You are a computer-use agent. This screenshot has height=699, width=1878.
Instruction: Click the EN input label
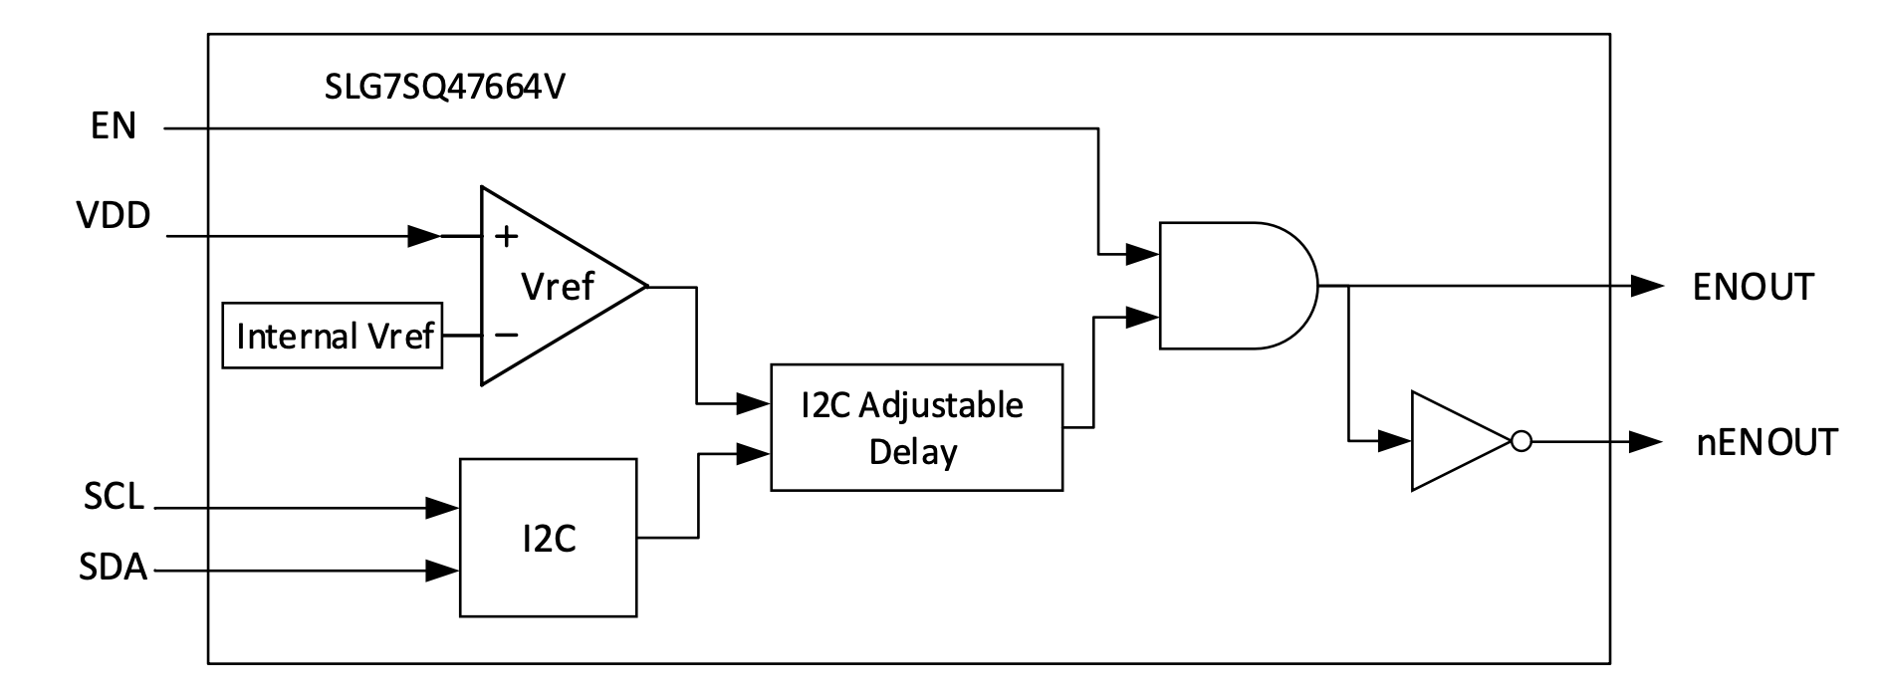(x=114, y=127)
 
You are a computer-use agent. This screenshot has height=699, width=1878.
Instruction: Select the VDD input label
(x=114, y=215)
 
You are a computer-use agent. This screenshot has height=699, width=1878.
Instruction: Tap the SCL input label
(x=114, y=497)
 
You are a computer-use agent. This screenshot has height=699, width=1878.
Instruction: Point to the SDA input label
(x=114, y=569)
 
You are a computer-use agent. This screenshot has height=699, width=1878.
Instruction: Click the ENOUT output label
(x=1753, y=287)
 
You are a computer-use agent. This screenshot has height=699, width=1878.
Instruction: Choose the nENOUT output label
(x=1766, y=442)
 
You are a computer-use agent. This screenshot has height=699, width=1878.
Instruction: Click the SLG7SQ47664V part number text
(x=445, y=88)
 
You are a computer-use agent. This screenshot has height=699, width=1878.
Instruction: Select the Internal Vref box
(x=332, y=336)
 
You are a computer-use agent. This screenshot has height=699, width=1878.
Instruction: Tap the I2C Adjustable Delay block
(x=916, y=427)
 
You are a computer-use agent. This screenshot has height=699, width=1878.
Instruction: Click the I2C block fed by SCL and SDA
(x=548, y=538)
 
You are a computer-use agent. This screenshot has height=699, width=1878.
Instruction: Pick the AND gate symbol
(x=1235, y=286)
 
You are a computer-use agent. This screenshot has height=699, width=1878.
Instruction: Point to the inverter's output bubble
(x=1521, y=441)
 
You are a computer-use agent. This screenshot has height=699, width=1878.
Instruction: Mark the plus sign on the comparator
(x=507, y=236)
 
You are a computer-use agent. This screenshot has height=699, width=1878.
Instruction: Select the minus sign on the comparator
(x=506, y=336)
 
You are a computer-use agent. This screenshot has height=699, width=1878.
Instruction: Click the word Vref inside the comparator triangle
(x=558, y=287)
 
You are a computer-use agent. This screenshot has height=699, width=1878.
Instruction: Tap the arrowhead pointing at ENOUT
(x=1647, y=287)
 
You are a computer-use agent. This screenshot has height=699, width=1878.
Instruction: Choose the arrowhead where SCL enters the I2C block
(x=442, y=508)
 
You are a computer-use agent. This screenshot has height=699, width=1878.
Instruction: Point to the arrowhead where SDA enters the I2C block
(x=442, y=571)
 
